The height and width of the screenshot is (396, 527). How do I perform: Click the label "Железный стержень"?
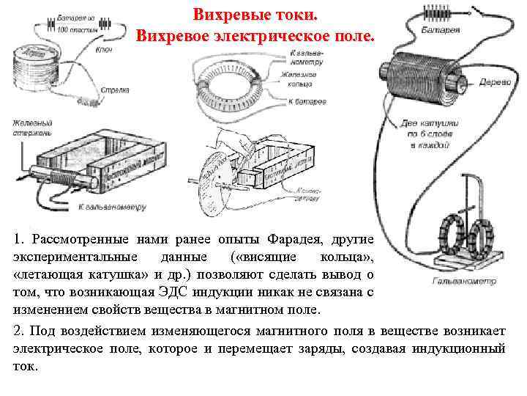tap(31, 128)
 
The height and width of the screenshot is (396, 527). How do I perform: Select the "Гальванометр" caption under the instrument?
tap(464, 280)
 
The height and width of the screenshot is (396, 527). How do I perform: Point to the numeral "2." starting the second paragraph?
tap(20, 331)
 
